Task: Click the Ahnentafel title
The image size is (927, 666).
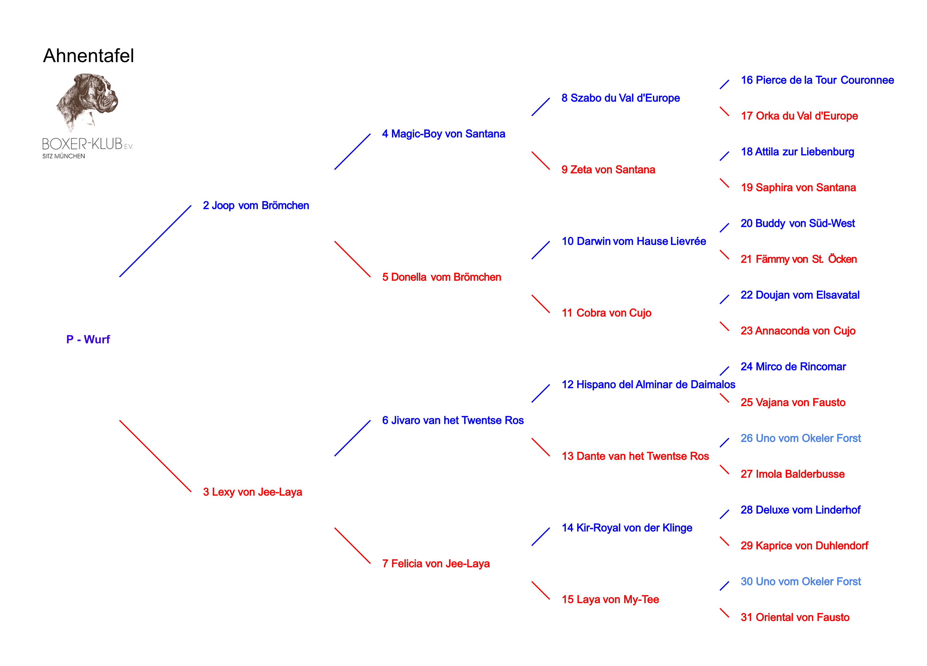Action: (88, 56)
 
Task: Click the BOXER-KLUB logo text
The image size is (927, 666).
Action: (83, 144)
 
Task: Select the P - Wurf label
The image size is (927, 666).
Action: (88, 339)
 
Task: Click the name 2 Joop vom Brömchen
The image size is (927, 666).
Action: (256, 205)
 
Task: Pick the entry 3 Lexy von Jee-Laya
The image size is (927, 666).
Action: (252, 492)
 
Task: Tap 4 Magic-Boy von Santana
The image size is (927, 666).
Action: (444, 134)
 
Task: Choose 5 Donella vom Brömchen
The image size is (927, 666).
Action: (442, 277)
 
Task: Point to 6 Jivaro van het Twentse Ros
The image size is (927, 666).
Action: (452, 421)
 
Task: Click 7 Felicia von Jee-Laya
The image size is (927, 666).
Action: (436, 564)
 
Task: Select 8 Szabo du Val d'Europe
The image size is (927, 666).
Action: (620, 98)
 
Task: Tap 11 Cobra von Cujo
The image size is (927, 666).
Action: (606, 313)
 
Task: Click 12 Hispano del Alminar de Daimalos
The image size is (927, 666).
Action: (648, 385)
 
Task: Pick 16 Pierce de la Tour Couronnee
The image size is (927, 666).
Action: (817, 80)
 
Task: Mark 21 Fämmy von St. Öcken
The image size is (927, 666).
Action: (798, 259)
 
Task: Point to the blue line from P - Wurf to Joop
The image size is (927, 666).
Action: (155, 241)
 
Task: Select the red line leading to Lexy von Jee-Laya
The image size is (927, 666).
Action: (155, 456)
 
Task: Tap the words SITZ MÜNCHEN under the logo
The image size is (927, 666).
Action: (64, 156)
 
